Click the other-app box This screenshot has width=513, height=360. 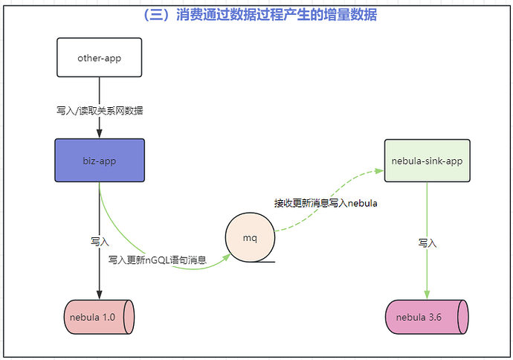click(100, 57)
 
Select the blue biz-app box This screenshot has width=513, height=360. click(100, 160)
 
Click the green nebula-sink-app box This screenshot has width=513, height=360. click(427, 160)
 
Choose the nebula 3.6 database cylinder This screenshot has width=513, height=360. click(427, 318)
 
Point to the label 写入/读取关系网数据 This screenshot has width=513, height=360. click(100, 110)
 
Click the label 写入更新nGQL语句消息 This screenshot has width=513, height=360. click(157, 260)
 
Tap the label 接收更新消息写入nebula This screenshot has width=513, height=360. click(326, 203)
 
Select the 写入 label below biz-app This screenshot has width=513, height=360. click(100, 242)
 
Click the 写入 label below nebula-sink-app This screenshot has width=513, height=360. click(427, 242)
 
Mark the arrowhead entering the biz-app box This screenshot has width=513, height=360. click(100, 135)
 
